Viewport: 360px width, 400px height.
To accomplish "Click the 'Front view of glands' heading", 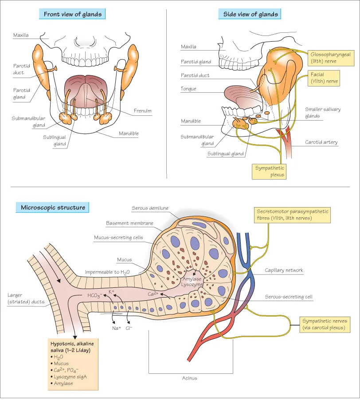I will pos(73,14).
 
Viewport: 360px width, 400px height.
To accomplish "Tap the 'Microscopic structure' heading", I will pos(53,208).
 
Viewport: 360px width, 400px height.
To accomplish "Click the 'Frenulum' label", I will pos(142,111).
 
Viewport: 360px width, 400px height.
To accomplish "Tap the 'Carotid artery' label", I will pos(321,142).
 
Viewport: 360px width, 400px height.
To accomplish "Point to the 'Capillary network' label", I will pos(284,270).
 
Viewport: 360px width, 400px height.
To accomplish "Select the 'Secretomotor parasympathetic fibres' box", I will pos(293,215).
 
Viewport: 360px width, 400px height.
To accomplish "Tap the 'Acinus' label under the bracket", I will pos(189,378).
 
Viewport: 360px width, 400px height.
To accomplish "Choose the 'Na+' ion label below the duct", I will pos(117,328).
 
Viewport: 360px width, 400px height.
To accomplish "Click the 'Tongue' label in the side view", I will pos(188,89).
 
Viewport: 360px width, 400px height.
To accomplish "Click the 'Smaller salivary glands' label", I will pos(323,113).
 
